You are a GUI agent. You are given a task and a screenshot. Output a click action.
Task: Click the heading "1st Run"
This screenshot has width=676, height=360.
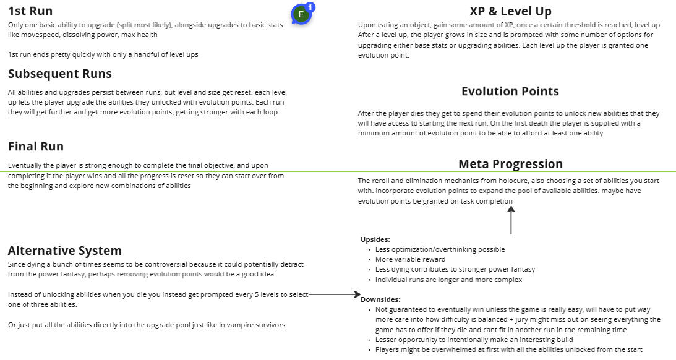click(x=30, y=11)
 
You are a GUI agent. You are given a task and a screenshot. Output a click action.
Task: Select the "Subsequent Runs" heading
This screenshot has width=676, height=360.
click(x=60, y=74)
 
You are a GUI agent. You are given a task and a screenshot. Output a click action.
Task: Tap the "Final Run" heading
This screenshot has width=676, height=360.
click(x=36, y=146)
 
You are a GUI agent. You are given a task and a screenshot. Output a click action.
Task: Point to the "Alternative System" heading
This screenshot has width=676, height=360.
click(x=65, y=251)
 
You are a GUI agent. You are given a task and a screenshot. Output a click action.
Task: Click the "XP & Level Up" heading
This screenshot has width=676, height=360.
click(x=510, y=11)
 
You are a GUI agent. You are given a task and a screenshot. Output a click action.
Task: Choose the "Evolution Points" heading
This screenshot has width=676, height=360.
click(x=510, y=91)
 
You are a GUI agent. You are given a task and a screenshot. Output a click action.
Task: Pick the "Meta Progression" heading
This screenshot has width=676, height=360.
click(x=510, y=164)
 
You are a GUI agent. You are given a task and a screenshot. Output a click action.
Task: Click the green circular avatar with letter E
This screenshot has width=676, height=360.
click(x=301, y=14)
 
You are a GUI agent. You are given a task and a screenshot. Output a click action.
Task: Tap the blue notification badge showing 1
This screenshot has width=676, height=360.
click(x=310, y=7)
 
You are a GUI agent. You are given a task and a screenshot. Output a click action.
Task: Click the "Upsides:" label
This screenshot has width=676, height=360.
click(x=375, y=239)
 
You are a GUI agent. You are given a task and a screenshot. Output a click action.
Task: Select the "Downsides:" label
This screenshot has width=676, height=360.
click(x=380, y=299)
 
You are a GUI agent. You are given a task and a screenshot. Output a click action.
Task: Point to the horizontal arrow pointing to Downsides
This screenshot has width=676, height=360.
click(x=334, y=295)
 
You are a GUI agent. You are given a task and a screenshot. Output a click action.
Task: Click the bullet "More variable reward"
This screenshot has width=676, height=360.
click(x=410, y=259)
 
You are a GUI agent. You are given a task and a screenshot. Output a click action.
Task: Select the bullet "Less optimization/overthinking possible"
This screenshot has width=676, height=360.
click(x=440, y=249)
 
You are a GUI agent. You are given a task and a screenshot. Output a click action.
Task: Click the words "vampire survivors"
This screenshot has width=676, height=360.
click(x=256, y=325)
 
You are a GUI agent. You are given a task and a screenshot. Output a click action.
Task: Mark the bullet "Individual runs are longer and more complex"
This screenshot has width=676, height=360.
click(x=448, y=280)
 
